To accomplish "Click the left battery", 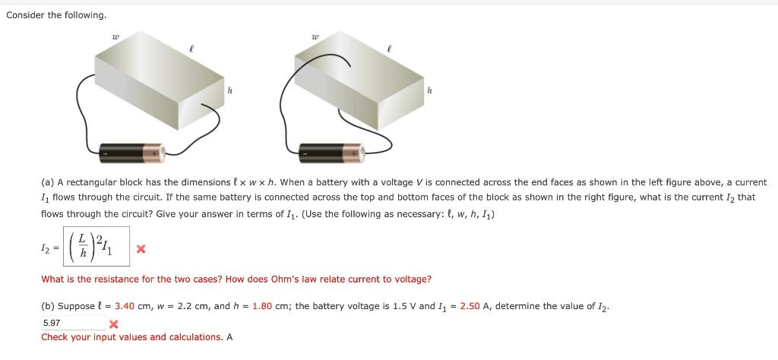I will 132,152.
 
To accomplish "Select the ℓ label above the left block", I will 191,47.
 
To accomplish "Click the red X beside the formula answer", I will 141,248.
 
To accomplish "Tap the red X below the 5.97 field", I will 114,325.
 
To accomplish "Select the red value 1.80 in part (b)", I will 262,306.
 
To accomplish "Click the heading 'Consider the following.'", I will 56,15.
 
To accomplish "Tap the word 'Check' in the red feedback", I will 55,337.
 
